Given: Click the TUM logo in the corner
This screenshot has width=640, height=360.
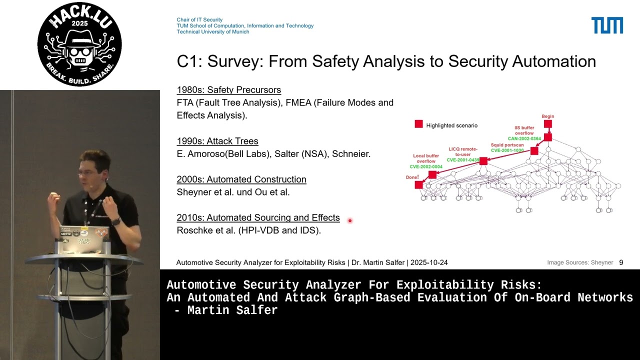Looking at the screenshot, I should tap(607, 25).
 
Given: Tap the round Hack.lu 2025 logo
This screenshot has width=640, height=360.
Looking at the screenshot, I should tap(79, 44).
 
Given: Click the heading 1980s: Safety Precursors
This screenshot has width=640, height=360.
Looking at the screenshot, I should tap(228, 90).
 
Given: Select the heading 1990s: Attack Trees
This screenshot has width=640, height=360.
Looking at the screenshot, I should tap(217, 141).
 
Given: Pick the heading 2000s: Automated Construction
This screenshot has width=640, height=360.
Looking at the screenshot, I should tap(241, 179).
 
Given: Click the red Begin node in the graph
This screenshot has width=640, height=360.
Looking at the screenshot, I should tap(548, 124).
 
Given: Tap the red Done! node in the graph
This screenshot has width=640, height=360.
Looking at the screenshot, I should tap(419, 185).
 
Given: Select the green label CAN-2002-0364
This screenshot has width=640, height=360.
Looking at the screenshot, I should tap(524, 138).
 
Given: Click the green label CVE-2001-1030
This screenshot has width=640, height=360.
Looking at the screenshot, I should tap(507, 150).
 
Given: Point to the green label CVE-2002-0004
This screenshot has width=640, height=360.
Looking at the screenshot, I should tap(426, 166).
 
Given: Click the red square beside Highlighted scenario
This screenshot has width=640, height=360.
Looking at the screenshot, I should tap(418, 124).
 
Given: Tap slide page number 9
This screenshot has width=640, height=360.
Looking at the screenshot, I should tap(621, 262).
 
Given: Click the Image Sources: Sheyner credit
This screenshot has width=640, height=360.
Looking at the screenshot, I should tap(579, 262).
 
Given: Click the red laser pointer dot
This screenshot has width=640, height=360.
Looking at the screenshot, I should tap(350, 220).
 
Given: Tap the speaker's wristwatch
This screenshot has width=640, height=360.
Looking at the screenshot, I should tap(116, 221).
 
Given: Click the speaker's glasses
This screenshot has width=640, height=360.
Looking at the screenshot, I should tap(87, 172).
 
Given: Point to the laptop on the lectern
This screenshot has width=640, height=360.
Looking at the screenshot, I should tap(82, 240).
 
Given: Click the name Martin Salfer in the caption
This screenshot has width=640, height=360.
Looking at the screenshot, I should tap(232, 310).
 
